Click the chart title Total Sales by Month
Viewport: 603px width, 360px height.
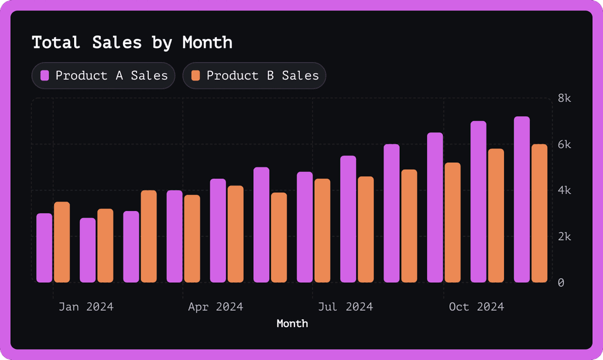tap(132, 42)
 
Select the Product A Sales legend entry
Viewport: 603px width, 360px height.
tap(104, 75)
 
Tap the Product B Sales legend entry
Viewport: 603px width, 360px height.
tap(254, 75)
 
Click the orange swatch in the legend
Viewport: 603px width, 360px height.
tap(196, 75)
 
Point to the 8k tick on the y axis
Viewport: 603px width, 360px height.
tap(565, 98)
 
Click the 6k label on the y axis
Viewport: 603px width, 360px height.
tap(565, 144)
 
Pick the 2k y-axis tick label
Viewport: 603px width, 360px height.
tap(565, 237)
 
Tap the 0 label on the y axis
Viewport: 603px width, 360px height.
tap(561, 283)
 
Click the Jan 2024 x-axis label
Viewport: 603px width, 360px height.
tap(86, 306)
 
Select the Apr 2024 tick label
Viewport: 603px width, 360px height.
tap(216, 306)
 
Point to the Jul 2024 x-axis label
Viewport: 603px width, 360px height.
tap(345, 306)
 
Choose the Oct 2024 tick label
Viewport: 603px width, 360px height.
tap(476, 306)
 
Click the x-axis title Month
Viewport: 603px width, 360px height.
tap(292, 323)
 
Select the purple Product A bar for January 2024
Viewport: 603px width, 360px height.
tap(44, 248)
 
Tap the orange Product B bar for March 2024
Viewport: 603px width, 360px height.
tap(149, 236)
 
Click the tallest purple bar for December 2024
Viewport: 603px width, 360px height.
tap(522, 200)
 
